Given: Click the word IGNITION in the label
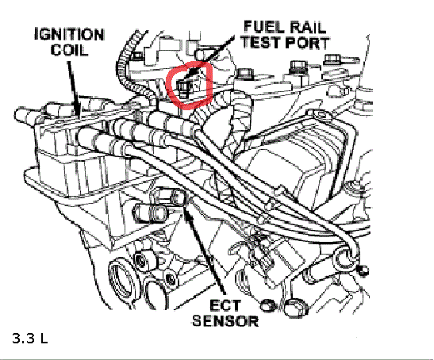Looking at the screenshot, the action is (69, 35).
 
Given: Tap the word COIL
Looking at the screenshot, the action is (69, 50).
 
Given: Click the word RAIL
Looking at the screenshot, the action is (307, 27).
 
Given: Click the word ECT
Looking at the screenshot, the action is (225, 305).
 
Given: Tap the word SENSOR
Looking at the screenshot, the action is (225, 321).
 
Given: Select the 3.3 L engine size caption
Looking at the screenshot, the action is (30, 338).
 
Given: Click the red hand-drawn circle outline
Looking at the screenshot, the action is (168, 86).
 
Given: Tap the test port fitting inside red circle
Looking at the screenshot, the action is (184, 88).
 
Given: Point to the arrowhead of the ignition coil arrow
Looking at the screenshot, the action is (77, 112).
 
